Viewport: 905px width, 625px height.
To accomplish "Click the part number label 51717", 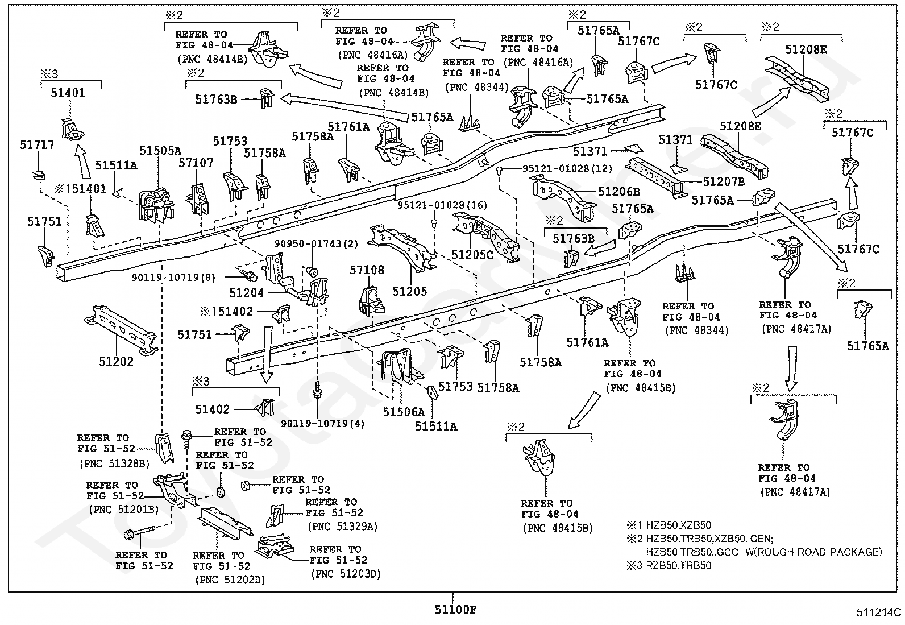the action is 37,144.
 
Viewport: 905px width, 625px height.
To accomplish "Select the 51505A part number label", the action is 160,151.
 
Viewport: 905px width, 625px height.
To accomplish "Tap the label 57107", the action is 196,163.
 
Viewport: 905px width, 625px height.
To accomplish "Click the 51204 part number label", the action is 247,293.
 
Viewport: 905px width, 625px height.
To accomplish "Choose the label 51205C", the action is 472,255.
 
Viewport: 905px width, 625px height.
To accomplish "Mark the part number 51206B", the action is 619,192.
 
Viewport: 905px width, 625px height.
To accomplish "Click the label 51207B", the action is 724,182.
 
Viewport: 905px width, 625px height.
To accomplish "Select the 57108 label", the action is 367,270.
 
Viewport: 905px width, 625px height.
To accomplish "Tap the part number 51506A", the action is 404,412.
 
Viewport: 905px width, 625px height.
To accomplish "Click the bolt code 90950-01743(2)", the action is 316,244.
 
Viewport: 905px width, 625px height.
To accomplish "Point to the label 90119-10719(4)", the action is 323,424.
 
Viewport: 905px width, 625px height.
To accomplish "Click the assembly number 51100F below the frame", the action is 456,610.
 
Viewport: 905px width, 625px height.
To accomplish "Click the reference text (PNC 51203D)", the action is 346,574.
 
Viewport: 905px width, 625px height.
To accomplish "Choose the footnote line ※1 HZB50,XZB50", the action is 669,525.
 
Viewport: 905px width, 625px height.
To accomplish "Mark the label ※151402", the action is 226,312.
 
